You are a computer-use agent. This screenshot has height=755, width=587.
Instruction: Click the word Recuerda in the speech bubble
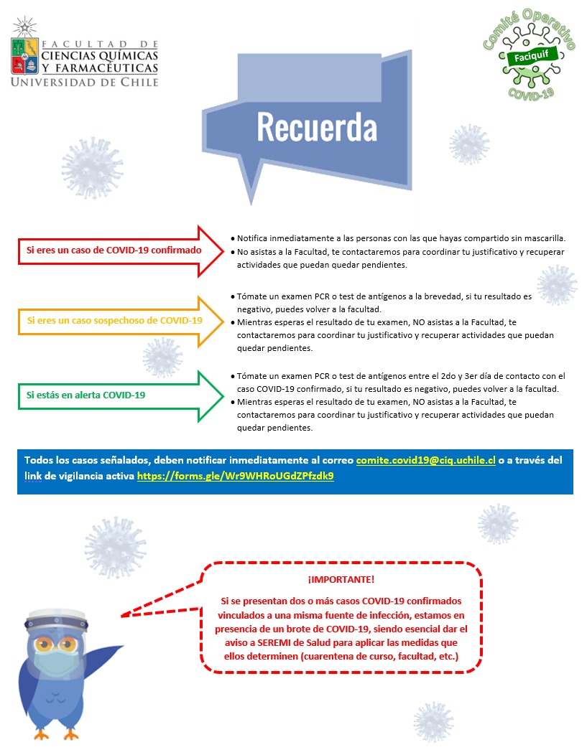317,128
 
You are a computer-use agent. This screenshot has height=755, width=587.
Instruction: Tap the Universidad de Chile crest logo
25,54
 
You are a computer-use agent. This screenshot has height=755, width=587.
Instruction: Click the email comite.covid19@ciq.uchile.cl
425,460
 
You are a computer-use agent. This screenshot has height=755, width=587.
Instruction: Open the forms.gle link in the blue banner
236,475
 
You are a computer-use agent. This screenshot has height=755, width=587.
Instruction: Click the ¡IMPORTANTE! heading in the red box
341,578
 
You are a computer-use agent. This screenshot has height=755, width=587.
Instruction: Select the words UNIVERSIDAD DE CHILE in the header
84,82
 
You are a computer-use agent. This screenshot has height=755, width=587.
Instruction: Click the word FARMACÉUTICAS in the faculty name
108,67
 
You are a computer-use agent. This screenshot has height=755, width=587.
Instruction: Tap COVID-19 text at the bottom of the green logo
531,92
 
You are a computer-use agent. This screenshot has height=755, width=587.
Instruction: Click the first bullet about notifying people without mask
401,238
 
